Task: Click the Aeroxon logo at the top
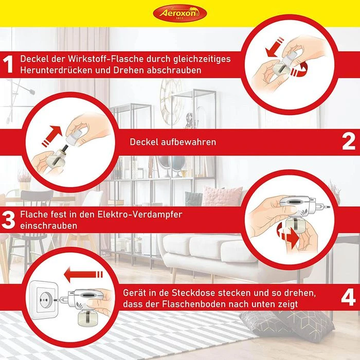click(x=180, y=13)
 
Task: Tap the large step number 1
click(x=8, y=64)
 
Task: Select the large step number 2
click(x=349, y=142)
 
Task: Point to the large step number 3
click(x=8, y=220)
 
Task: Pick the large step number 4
click(x=348, y=298)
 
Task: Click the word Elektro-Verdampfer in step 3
click(x=140, y=214)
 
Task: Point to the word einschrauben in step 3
click(x=48, y=225)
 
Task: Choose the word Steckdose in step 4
click(x=193, y=293)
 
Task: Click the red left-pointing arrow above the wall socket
click(x=83, y=274)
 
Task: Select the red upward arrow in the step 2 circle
click(x=51, y=135)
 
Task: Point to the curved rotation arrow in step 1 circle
click(x=300, y=69)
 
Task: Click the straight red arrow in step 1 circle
click(x=275, y=47)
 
